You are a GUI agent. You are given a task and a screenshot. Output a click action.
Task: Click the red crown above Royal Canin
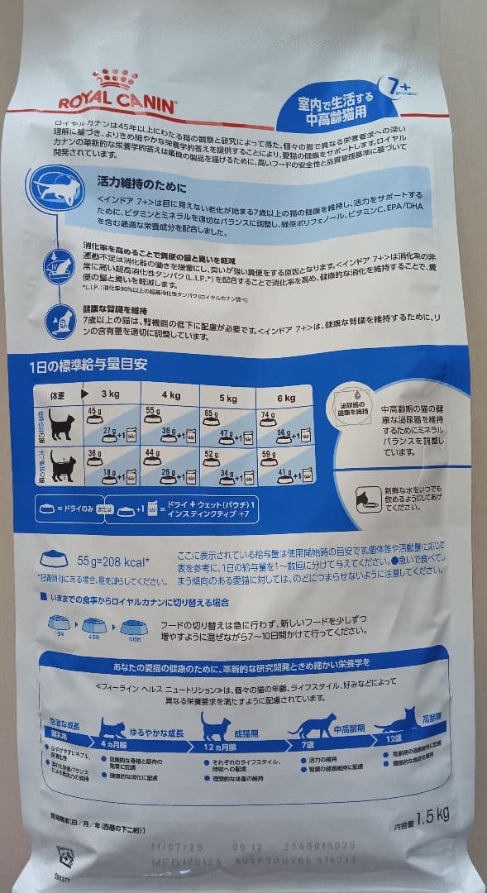(115, 79)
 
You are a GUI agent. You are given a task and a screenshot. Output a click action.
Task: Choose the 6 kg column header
(286, 399)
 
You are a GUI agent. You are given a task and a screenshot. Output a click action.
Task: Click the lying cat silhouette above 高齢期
(399, 721)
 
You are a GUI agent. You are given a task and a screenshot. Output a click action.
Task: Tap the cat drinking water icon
(364, 498)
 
